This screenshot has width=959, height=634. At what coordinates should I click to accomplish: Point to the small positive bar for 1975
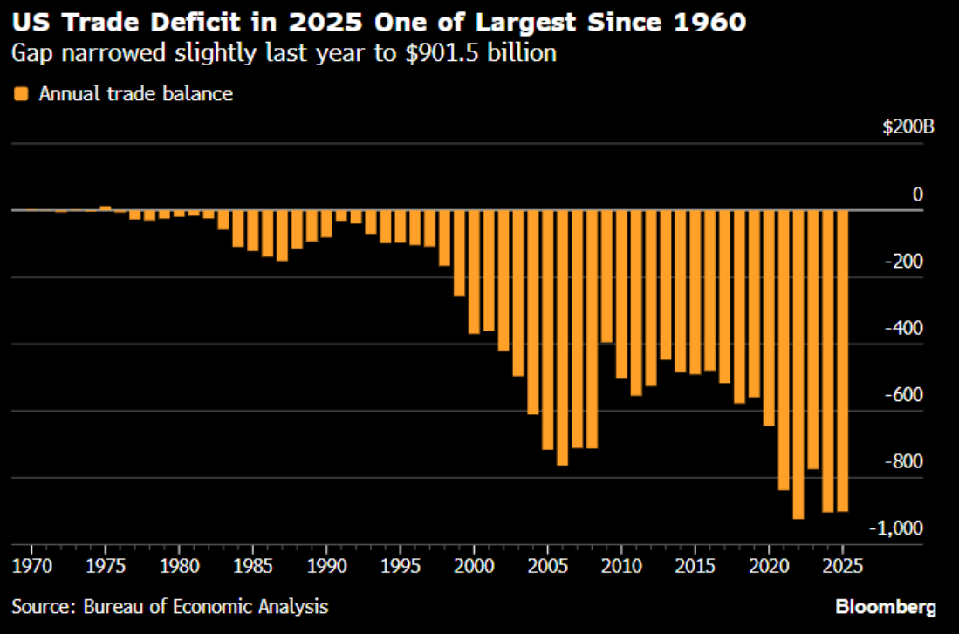105,208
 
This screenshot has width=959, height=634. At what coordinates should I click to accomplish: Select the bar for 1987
282,235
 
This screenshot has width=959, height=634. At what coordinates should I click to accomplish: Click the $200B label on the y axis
908,127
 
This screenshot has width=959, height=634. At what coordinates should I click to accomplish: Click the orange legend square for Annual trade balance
22,93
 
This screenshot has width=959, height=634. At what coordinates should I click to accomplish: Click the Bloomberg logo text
885,606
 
